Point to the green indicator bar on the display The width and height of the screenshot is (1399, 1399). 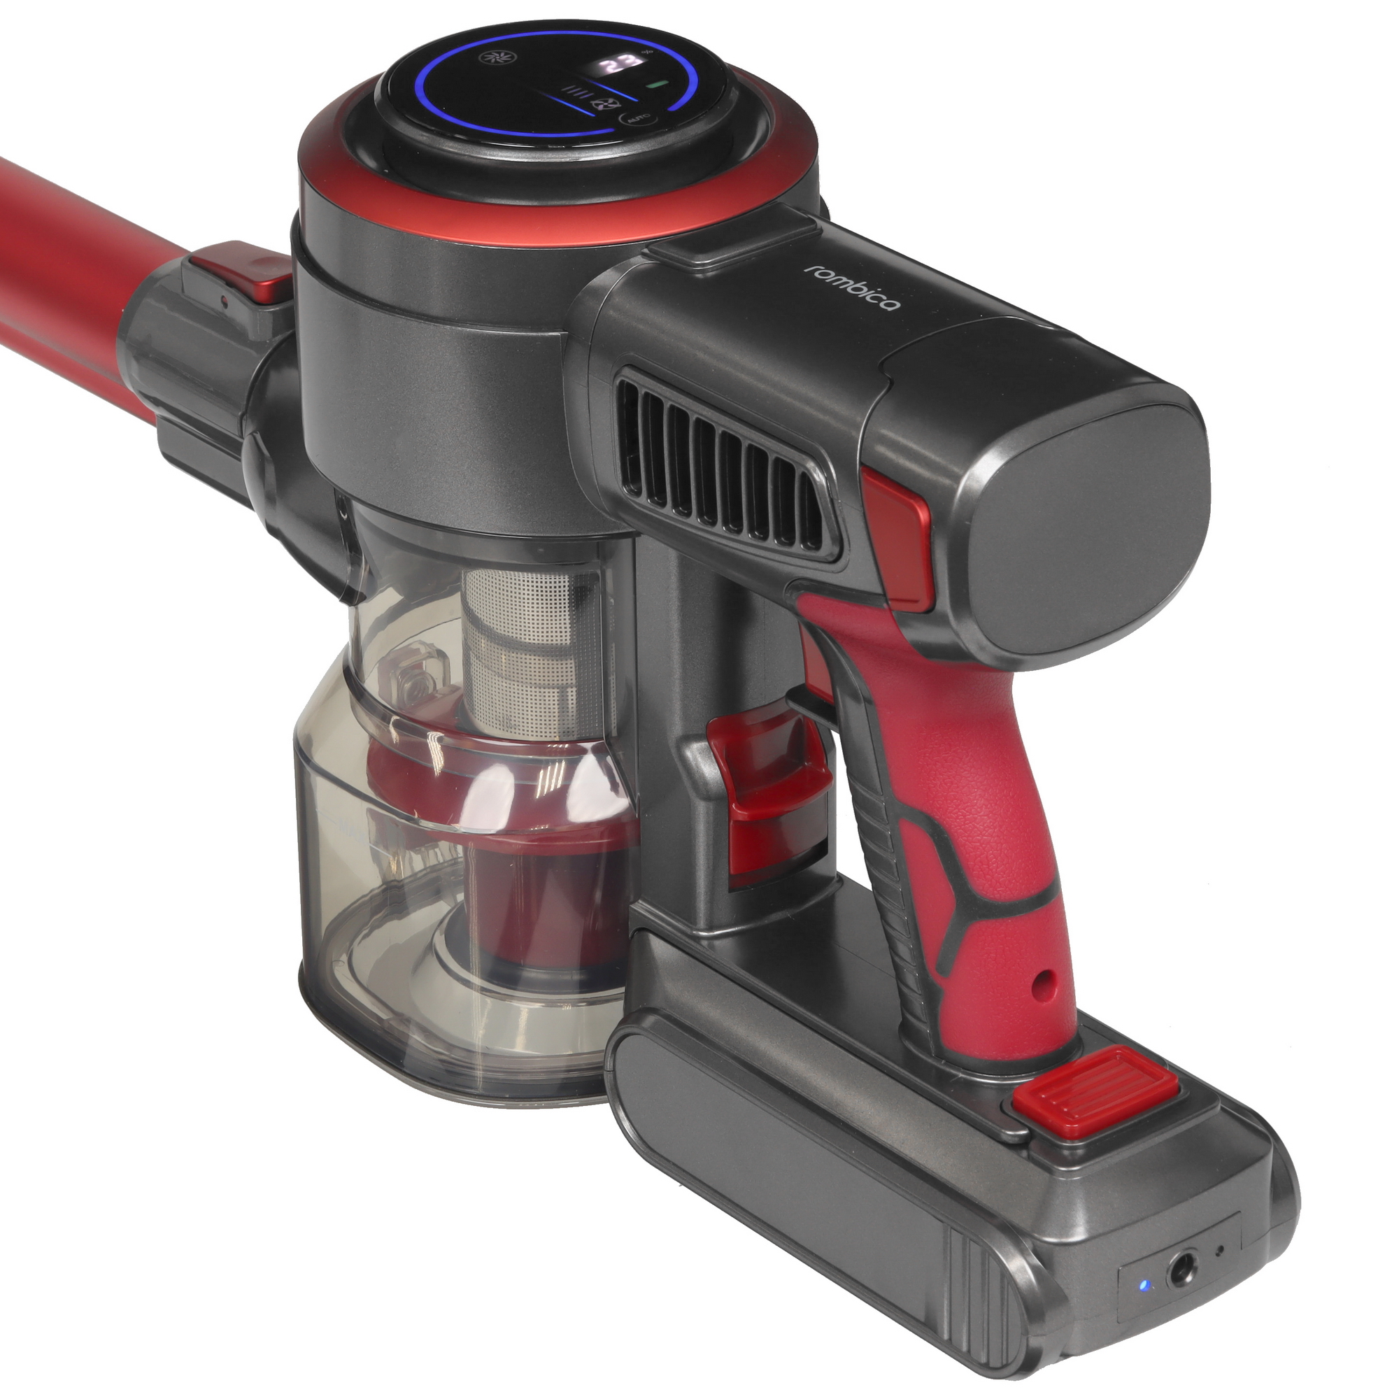pyautogui.click(x=658, y=85)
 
